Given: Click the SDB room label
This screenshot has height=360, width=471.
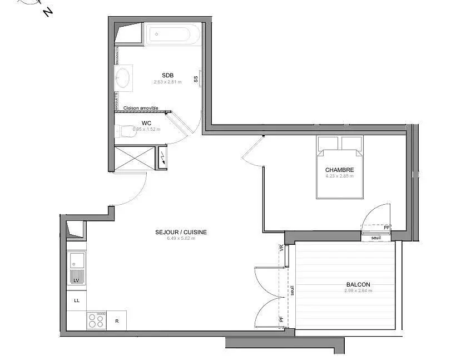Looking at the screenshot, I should [167, 75].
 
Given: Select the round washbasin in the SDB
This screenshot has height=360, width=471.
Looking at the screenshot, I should [123, 77].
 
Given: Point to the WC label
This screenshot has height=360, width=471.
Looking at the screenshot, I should [147, 122].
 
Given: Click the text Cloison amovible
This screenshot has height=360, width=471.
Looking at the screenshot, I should [141, 108].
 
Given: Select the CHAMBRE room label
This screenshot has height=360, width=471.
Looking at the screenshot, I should [339, 170].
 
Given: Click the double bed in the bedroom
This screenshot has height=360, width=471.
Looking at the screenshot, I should [340, 167].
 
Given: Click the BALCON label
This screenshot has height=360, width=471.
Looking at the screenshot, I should [357, 284].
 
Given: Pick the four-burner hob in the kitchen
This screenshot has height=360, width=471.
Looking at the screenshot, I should [96, 320].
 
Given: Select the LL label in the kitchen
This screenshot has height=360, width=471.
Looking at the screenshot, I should [77, 300].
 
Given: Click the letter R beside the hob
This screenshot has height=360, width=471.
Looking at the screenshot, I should [117, 321].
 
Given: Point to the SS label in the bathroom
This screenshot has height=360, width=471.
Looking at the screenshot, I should [196, 79].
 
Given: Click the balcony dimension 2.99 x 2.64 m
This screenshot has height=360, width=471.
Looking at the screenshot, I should [358, 290].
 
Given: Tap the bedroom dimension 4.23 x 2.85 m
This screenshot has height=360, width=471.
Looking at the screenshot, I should [339, 176].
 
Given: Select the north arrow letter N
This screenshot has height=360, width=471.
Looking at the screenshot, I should [48, 11].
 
